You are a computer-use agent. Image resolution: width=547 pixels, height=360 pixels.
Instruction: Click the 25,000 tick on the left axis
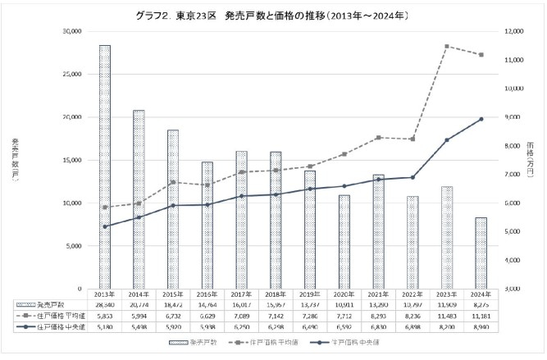(70, 74)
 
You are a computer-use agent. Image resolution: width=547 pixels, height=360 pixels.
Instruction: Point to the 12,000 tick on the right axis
(514, 31)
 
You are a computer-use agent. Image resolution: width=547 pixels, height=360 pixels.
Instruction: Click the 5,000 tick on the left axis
(72, 246)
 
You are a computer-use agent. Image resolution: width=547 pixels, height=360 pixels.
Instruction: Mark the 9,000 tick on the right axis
(513, 117)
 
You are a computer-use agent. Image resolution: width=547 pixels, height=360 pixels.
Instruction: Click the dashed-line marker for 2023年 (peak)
(447, 47)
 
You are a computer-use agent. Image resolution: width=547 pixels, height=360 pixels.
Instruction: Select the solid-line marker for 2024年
(481, 119)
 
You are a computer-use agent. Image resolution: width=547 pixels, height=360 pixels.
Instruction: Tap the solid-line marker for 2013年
(105, 226)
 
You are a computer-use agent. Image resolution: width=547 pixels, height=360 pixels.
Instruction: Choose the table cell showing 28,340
(105, 303)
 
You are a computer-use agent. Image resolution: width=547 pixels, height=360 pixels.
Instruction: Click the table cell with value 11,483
(447, 314)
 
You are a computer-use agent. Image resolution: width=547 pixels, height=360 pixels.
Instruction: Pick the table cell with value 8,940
(481, 326)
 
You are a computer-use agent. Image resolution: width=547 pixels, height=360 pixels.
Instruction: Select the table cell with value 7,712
(344, 314)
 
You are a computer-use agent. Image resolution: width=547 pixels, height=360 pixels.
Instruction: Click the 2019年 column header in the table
(310, 293)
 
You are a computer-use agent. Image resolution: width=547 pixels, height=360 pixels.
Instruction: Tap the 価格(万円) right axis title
(529, 160)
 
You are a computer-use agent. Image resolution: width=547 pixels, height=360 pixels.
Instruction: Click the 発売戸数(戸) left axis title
(15, 160)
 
